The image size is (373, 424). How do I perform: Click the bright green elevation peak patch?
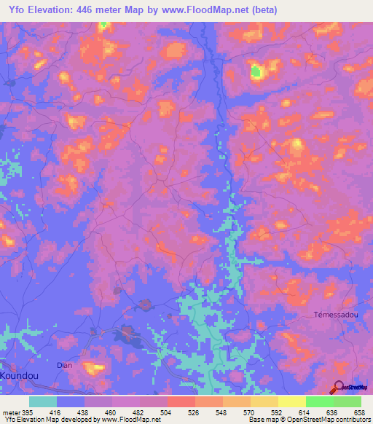point(256,71)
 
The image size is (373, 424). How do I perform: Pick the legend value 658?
point(359,412)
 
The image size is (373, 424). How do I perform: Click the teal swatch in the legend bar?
point(43,401)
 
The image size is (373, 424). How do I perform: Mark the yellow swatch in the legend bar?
point(291,401)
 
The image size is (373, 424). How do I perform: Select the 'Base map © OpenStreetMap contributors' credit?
point(307,420)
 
